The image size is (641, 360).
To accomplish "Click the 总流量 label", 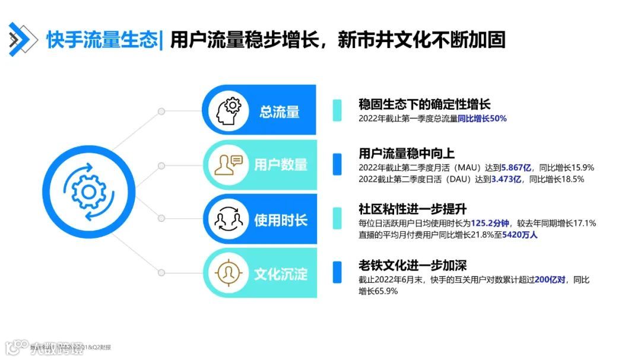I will coord(279,111).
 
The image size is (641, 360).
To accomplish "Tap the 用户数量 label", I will coord(281,164).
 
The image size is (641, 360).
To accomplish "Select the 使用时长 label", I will coord(281,220).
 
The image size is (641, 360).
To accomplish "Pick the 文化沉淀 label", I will coord(281,274).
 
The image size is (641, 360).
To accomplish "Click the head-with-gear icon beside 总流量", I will coord(228,110).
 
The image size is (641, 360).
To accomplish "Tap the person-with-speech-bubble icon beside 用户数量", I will coord(229,164).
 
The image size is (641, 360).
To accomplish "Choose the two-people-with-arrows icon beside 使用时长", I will coord(229,219).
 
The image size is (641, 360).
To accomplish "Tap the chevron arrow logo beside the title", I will coord(20,39).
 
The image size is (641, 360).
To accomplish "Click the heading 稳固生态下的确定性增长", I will coord(424,104).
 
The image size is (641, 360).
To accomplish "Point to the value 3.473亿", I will coord(506,179).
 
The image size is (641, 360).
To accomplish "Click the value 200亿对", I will coord(551,280).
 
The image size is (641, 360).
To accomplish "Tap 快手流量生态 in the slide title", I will coord(102,40).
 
